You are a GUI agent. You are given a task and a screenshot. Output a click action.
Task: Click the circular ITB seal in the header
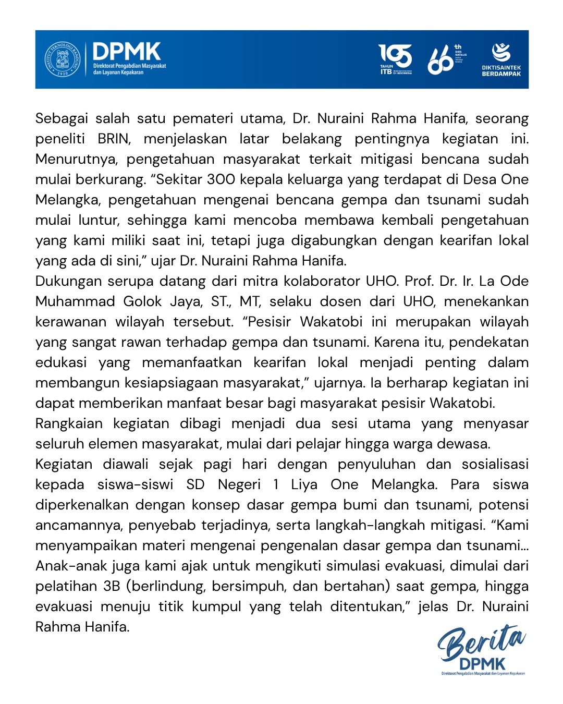[x=62, y=59]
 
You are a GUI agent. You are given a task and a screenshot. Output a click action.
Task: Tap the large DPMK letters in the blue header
[x=127, y=52]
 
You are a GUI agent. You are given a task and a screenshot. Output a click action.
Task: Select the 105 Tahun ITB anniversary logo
[x=395, y=59]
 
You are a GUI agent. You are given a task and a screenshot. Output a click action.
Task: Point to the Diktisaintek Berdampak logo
[x=501, y=59]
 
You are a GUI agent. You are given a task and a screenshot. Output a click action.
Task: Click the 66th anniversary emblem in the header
[x=446, y=59]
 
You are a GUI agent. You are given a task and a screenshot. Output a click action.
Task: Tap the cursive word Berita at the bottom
[x=480, y=643]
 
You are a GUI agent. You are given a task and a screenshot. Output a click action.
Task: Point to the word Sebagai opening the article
[x=62, y=119]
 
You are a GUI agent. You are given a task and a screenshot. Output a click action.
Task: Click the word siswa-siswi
[x=135, y=485]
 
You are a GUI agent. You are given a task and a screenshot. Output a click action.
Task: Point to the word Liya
[x=304, y=485]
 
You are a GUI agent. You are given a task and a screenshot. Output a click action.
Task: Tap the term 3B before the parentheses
[x=112, y=587]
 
